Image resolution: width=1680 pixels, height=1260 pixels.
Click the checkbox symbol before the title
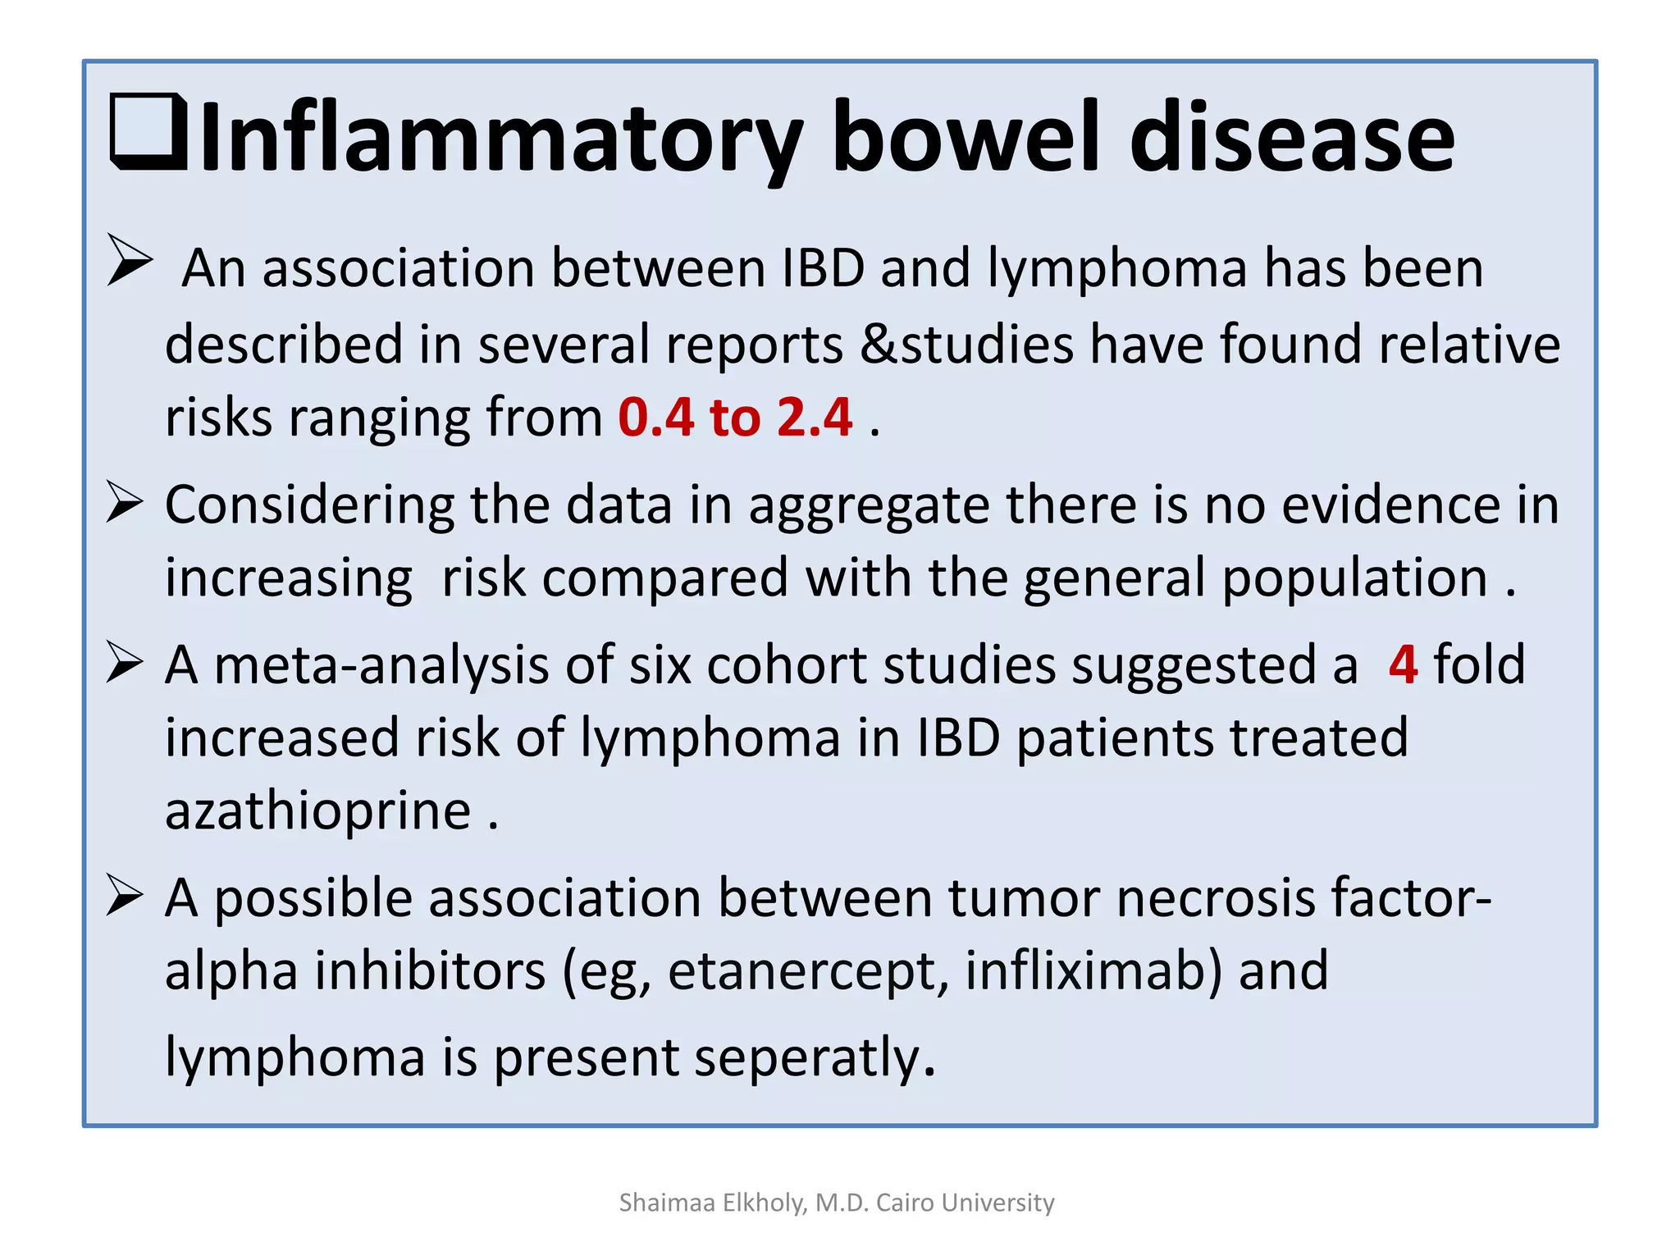148,133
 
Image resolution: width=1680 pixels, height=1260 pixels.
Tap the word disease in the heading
1291,136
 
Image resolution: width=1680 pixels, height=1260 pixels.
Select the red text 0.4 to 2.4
735,417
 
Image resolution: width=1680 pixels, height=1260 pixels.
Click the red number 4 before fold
1403,664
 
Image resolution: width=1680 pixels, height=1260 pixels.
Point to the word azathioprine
317,810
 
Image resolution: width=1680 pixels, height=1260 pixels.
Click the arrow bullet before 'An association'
129,260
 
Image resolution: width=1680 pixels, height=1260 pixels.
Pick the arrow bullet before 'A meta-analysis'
126,662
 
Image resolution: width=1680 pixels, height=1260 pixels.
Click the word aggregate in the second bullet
869,506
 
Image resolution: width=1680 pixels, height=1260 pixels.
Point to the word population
1354,578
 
